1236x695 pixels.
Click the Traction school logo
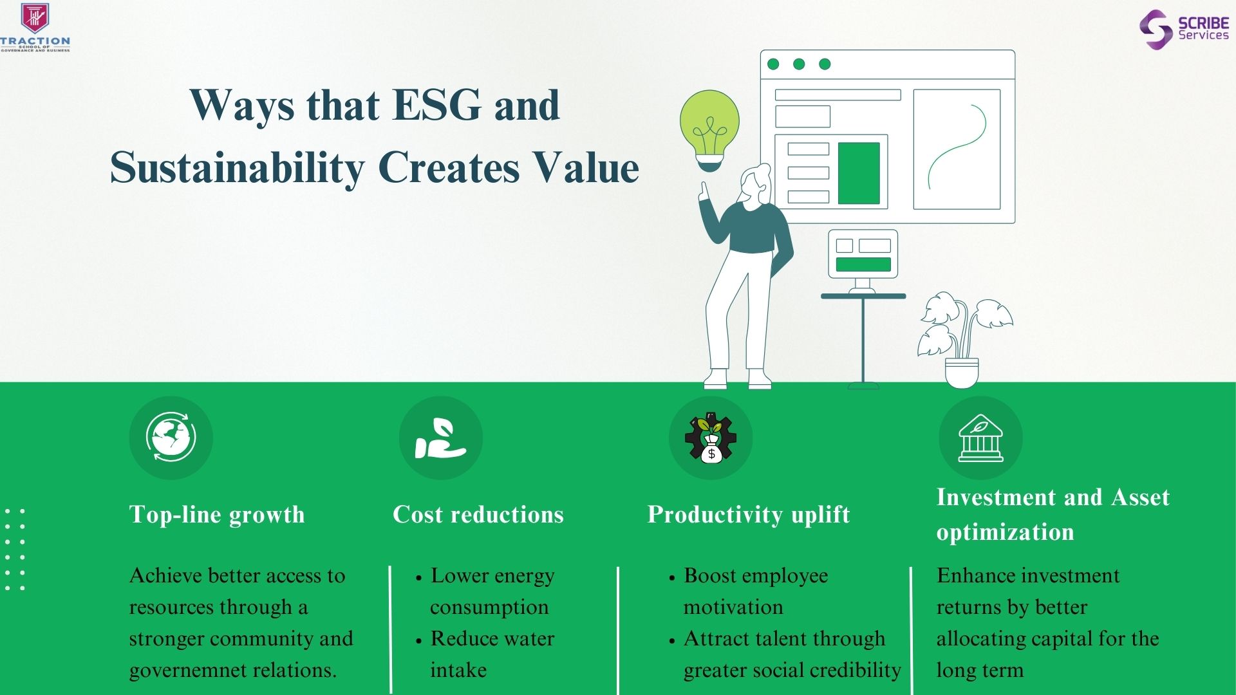click(x=35, y=28)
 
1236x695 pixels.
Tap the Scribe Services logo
click(x=1184, y=30)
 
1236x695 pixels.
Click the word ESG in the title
click(x=436, y=105)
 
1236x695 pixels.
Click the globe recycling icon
click(x=171, y=438)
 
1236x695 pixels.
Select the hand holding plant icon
click(x=440, y=438)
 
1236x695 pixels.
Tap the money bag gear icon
click(x=711, y=438)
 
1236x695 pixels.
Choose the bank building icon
click(x=980, y=438)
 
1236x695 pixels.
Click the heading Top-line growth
click(x=217, y=515)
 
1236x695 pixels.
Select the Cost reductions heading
click(x=478, y=515)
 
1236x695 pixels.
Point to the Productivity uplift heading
click(x=749, y=515)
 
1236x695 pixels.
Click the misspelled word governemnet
click(x=187, y=671)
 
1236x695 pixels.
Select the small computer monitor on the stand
click(x=863, y=255)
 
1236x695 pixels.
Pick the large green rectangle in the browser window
click(x=859, y=172)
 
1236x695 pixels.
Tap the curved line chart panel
click(x=957, y=149)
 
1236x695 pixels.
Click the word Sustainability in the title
click(x=238, y=169)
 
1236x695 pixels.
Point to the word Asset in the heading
click(x=1140, y=497)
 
